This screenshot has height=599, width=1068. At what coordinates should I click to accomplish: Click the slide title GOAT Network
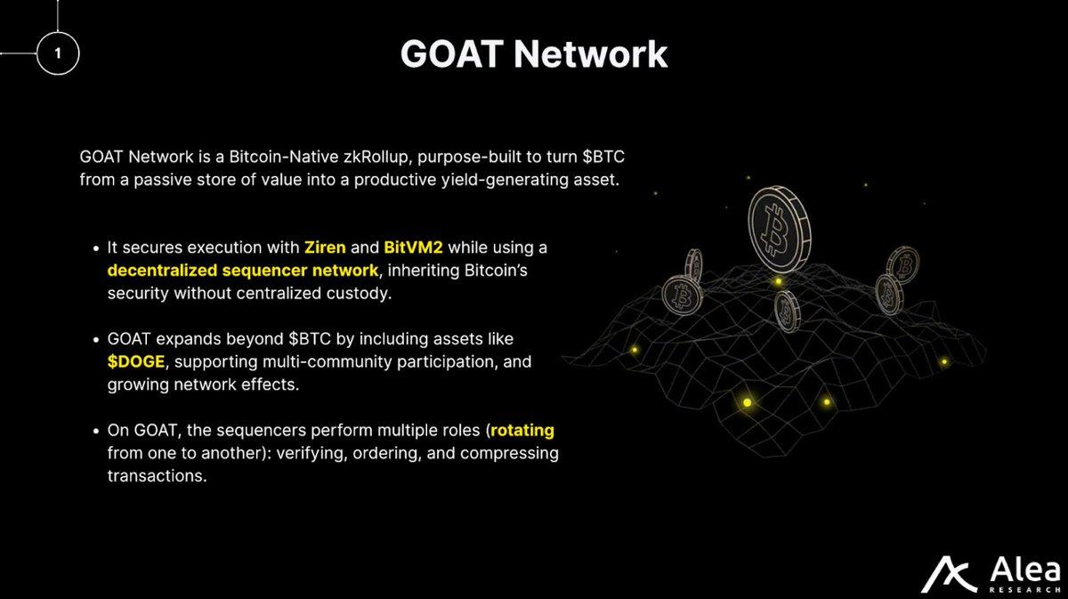click(533, 54)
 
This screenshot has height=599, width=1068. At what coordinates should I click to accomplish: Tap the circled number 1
click(59, 54)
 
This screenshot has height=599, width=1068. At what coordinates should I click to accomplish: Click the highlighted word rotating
click(522, 431)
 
